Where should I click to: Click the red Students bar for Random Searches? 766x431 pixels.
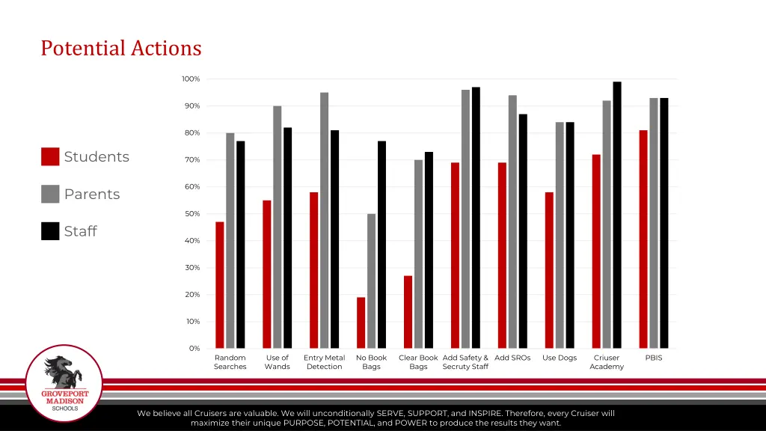[220, 285]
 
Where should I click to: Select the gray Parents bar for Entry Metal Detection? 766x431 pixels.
[325, 220]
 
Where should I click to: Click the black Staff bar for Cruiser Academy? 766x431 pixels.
[617, 215]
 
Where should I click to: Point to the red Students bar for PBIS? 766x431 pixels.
[643, 239]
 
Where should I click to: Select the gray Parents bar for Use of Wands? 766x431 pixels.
[278, 227]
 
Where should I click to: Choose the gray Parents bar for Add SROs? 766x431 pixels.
[512, 221]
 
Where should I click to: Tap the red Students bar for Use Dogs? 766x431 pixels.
[549, 270]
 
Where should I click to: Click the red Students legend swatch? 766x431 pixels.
[50, 156]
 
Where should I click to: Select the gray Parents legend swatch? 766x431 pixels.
[50, 194]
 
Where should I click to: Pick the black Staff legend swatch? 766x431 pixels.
[50, 231]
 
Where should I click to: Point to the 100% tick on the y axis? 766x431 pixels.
[190, 79]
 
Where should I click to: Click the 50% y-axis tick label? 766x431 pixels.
[192, 214]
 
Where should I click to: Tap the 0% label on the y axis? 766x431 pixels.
[194, 349]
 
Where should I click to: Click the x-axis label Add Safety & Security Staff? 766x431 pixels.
[465, 362]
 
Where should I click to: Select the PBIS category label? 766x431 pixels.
[654, 358]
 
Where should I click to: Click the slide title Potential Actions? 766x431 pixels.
[121, 49]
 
